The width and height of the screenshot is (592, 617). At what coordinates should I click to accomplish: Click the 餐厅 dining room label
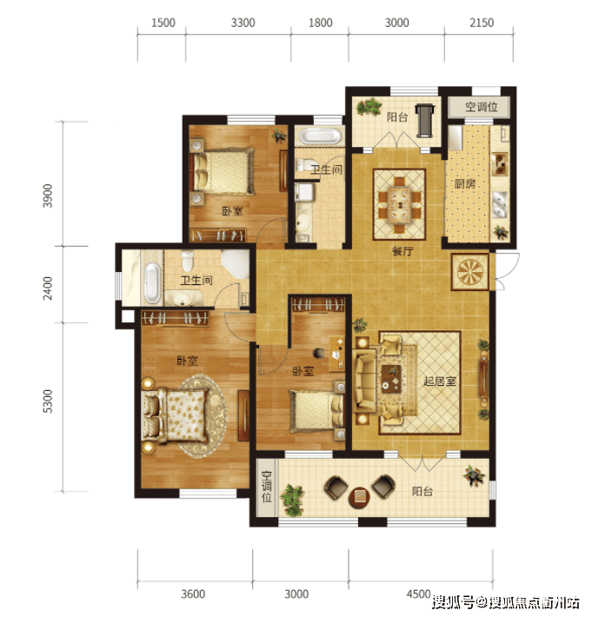[402, 251]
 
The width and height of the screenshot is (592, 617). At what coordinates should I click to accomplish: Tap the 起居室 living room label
[440, 381]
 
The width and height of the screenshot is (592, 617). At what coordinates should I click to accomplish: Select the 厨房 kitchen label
[465, 183]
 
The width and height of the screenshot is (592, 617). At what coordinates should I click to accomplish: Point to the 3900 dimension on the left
[48, 196]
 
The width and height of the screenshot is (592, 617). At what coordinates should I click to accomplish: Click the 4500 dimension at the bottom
[418, 594]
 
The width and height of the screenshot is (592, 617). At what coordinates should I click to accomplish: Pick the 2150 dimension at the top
[482, 23]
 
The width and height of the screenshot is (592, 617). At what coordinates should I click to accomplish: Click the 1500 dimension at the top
[163, 23]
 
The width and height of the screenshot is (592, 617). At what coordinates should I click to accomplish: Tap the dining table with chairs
[400, 204]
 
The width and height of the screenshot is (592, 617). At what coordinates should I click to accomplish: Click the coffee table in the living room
[391, 379]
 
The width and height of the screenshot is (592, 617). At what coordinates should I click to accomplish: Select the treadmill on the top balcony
[425, 121]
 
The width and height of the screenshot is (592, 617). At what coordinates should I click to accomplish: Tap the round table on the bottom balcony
[359, 496]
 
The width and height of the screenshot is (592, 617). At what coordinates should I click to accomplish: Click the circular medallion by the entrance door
[470, 272]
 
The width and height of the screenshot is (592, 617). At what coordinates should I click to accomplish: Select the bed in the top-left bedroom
[223, 171]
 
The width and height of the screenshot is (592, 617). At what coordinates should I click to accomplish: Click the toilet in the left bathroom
[188, 260]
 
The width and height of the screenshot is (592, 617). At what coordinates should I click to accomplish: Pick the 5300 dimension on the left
[48, 401]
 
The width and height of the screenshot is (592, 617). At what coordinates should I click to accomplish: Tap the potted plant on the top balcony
[369, 107]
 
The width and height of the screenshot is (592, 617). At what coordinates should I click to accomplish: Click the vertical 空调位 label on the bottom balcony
[267, 488]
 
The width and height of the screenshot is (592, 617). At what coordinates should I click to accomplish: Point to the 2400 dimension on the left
[48, 288]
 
